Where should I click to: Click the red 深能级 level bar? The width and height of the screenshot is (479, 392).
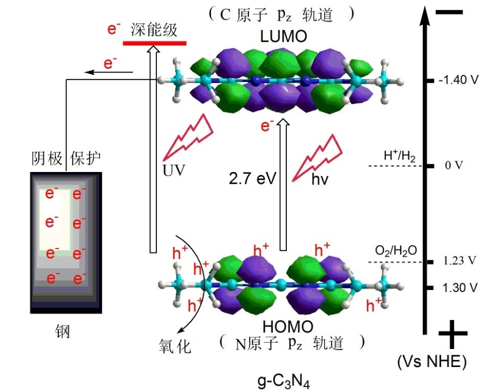(x=154, y=42)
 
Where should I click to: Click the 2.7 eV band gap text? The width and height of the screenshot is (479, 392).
(x=253, y=179)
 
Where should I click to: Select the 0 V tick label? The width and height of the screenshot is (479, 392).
(x=453, y=166)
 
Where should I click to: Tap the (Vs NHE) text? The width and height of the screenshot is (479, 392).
(x=431, y=362)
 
